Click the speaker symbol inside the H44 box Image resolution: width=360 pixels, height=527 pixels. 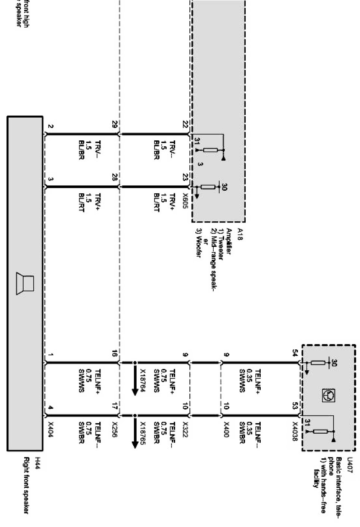[x=25, y=283]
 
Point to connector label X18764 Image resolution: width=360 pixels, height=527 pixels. [x=143, y=378]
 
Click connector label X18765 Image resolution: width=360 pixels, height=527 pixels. [x=143, y=434]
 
